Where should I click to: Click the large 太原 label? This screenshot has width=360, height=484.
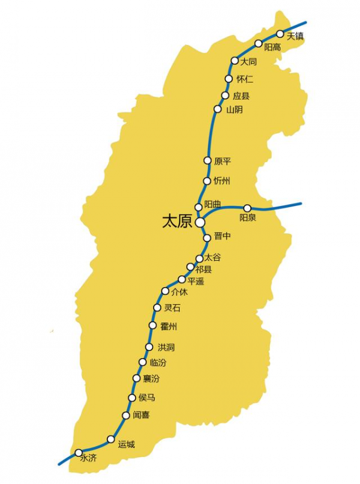click(176, 222)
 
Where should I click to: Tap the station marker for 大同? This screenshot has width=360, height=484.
click(235, 61)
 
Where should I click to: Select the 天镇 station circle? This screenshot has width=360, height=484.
click(280, 34)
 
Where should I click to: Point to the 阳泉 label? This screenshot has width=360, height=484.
click(248, 218)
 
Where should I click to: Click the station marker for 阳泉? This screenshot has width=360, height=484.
click(247, 208)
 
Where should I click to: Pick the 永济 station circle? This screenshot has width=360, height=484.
click(78, 452)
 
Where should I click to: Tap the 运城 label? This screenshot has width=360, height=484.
click(127, 444)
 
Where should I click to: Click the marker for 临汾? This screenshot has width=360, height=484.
click(143, 361)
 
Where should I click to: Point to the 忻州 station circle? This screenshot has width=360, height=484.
click(208, 181)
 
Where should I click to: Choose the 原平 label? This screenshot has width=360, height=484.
click(223, 161)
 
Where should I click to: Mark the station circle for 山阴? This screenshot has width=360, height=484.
click(218, 109)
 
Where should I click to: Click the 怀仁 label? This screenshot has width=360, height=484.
click(245, 79)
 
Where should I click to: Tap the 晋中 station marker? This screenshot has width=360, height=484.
click(207, 238)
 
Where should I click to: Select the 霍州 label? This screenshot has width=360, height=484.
click(169, 327)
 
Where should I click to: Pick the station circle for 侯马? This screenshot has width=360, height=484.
click(133, 398)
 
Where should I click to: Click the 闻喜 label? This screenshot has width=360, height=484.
click(142, 415)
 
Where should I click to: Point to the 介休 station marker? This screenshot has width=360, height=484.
click(165, 291)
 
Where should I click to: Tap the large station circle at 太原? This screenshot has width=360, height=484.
click(200, 222)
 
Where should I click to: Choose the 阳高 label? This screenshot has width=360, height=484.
click(272, 47)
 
